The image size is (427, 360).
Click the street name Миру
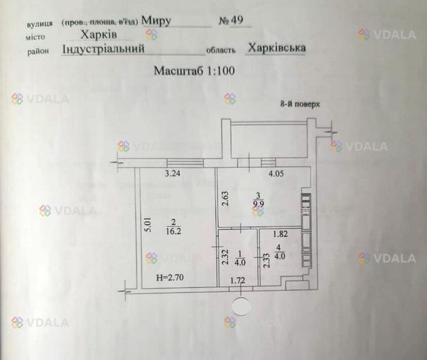pyautogui.click(x=156, y=20)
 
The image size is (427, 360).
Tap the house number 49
pyautogui.click(x=237, y=20)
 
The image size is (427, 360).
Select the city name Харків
pyautogui.click(x=99, y=35)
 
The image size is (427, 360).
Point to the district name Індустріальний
pyautogui.click(x=103, y=49)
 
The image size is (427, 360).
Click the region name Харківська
pyautogui.click(x=277, y=48)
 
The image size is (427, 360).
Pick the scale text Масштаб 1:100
pyautogui.click(x=194, y=71)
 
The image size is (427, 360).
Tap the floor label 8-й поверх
pyautogui.click(x=300, y=104)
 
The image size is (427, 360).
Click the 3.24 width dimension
pyautogui.click(x=172, y=174)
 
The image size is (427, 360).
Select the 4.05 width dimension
pyautogui.click(x=276, y=174)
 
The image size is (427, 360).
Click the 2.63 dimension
pyautogui.click(x=226, y=199)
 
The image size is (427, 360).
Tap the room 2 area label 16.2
pyautogui.click(x=174, y=232)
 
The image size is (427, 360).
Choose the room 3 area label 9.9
pyautogui.click(x=258, y=204)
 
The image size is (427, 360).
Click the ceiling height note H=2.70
pyautogui.click(x=170, y=277)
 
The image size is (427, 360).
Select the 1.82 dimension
pyautogui.click(x=280, y=234)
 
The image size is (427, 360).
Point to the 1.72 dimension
pyautogui.click(x=238, y=280)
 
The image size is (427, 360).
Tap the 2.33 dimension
pyautogui.click(x=267, y=260)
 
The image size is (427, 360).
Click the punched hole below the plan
pyautogui.click(x=241, y=306)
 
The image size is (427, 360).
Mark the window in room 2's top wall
pyautogui.click(x=185, y=163)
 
